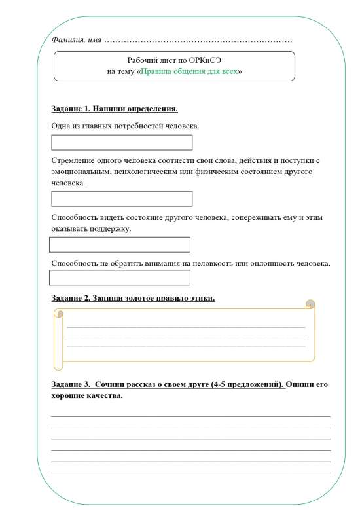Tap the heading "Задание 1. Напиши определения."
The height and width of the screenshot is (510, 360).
(115, 109)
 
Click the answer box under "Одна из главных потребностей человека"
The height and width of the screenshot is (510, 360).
(122, 143)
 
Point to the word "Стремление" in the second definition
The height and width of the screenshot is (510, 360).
(73, 160)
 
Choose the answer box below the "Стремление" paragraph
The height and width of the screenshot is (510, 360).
(122, 199)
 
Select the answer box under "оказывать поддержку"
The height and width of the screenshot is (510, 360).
(120, 245)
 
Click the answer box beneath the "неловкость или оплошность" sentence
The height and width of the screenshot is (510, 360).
(120, 278)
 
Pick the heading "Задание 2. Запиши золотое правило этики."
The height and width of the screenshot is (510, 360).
(133, 299)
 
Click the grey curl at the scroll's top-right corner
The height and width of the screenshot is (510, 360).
(310, 304)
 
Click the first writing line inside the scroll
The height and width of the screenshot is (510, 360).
(186, 326)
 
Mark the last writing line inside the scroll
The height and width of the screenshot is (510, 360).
(186, 346)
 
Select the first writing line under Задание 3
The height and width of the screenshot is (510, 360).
(190, 416)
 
